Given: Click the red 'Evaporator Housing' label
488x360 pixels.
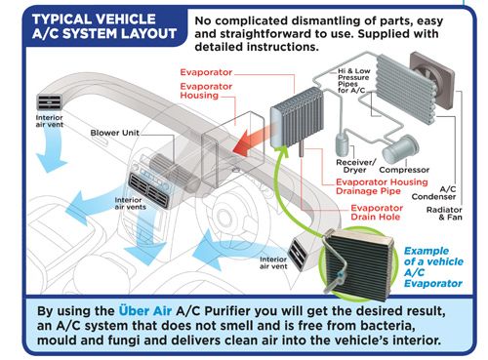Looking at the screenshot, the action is (x=206, y=91).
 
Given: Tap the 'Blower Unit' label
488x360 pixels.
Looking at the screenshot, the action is (x=114, y=133).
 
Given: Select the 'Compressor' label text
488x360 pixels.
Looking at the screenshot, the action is (x=404, y=170).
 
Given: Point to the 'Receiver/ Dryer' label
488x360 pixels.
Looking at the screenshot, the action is (x=356, y=166).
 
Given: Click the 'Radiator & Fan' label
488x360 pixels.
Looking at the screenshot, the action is (x=444, y=214).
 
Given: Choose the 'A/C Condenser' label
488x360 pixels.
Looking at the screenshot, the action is (x=434, y=193).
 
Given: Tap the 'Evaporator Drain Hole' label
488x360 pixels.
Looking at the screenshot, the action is (x=377, y=213).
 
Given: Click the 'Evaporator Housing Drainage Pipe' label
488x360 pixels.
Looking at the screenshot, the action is (x=382, y=186).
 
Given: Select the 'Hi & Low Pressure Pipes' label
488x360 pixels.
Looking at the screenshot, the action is (x=353, y=80).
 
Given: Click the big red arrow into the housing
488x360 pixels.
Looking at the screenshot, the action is (x=252, y=140).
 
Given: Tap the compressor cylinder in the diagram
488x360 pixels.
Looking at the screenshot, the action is (x=400, y=149).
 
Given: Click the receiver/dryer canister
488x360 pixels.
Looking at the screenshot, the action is (x=342, y=142).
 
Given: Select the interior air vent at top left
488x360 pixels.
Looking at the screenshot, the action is (x=50, y=102).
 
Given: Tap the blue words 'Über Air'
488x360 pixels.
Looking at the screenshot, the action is (x=145, y=311).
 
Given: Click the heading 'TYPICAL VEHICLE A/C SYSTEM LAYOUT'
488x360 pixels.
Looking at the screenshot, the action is (x=104, y=26).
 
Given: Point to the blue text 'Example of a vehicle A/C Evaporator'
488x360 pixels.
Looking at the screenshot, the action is (x=433, y=267).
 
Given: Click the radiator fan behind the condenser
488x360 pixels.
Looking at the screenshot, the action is (x=432, y=80).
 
